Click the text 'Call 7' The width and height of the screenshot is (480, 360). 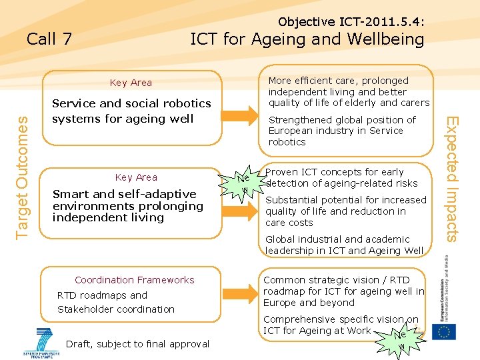pos(49,39)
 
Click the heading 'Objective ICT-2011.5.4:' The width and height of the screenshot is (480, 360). pos(351,22)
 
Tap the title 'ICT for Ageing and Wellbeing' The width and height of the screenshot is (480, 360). pos(307,39)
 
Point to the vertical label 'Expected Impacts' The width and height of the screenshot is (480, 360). pos(453,179)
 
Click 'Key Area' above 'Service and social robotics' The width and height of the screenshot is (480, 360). pos(131,83)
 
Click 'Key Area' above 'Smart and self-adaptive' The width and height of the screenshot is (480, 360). pos(136,177)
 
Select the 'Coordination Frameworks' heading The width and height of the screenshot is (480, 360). pos(135,280)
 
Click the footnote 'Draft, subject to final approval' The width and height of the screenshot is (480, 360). pos(138,344)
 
